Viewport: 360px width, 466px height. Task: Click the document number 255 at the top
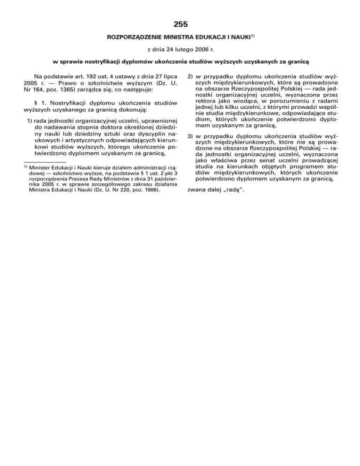tap(180, 24)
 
